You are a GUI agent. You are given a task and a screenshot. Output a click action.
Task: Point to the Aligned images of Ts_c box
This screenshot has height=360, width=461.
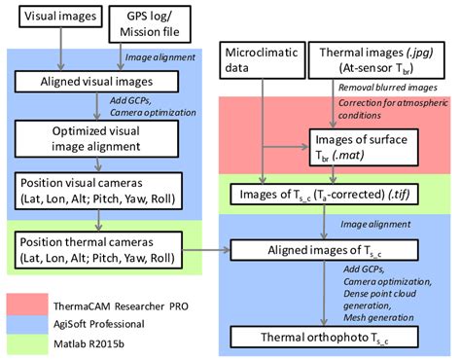click(331, 250)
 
